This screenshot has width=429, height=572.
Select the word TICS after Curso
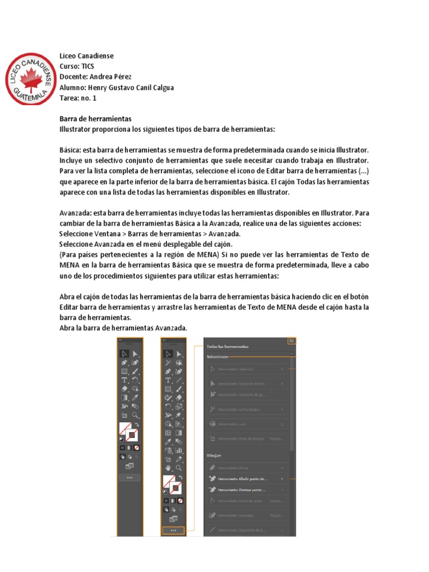coord(88,66)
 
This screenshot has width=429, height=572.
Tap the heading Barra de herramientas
coord(95,119)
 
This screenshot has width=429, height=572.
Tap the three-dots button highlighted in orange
coord(173,530)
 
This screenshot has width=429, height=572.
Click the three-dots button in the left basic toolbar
coord(130,478)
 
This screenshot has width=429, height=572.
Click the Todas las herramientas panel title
coord(227,347)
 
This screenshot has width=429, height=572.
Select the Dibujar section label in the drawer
coord(214,456)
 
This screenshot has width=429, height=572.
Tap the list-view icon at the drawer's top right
coord(292,341)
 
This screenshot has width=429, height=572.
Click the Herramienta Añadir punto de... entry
coord(242,479)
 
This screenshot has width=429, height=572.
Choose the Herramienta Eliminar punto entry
coord(242,489)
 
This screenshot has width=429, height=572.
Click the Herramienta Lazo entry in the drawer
coord(230,425)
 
